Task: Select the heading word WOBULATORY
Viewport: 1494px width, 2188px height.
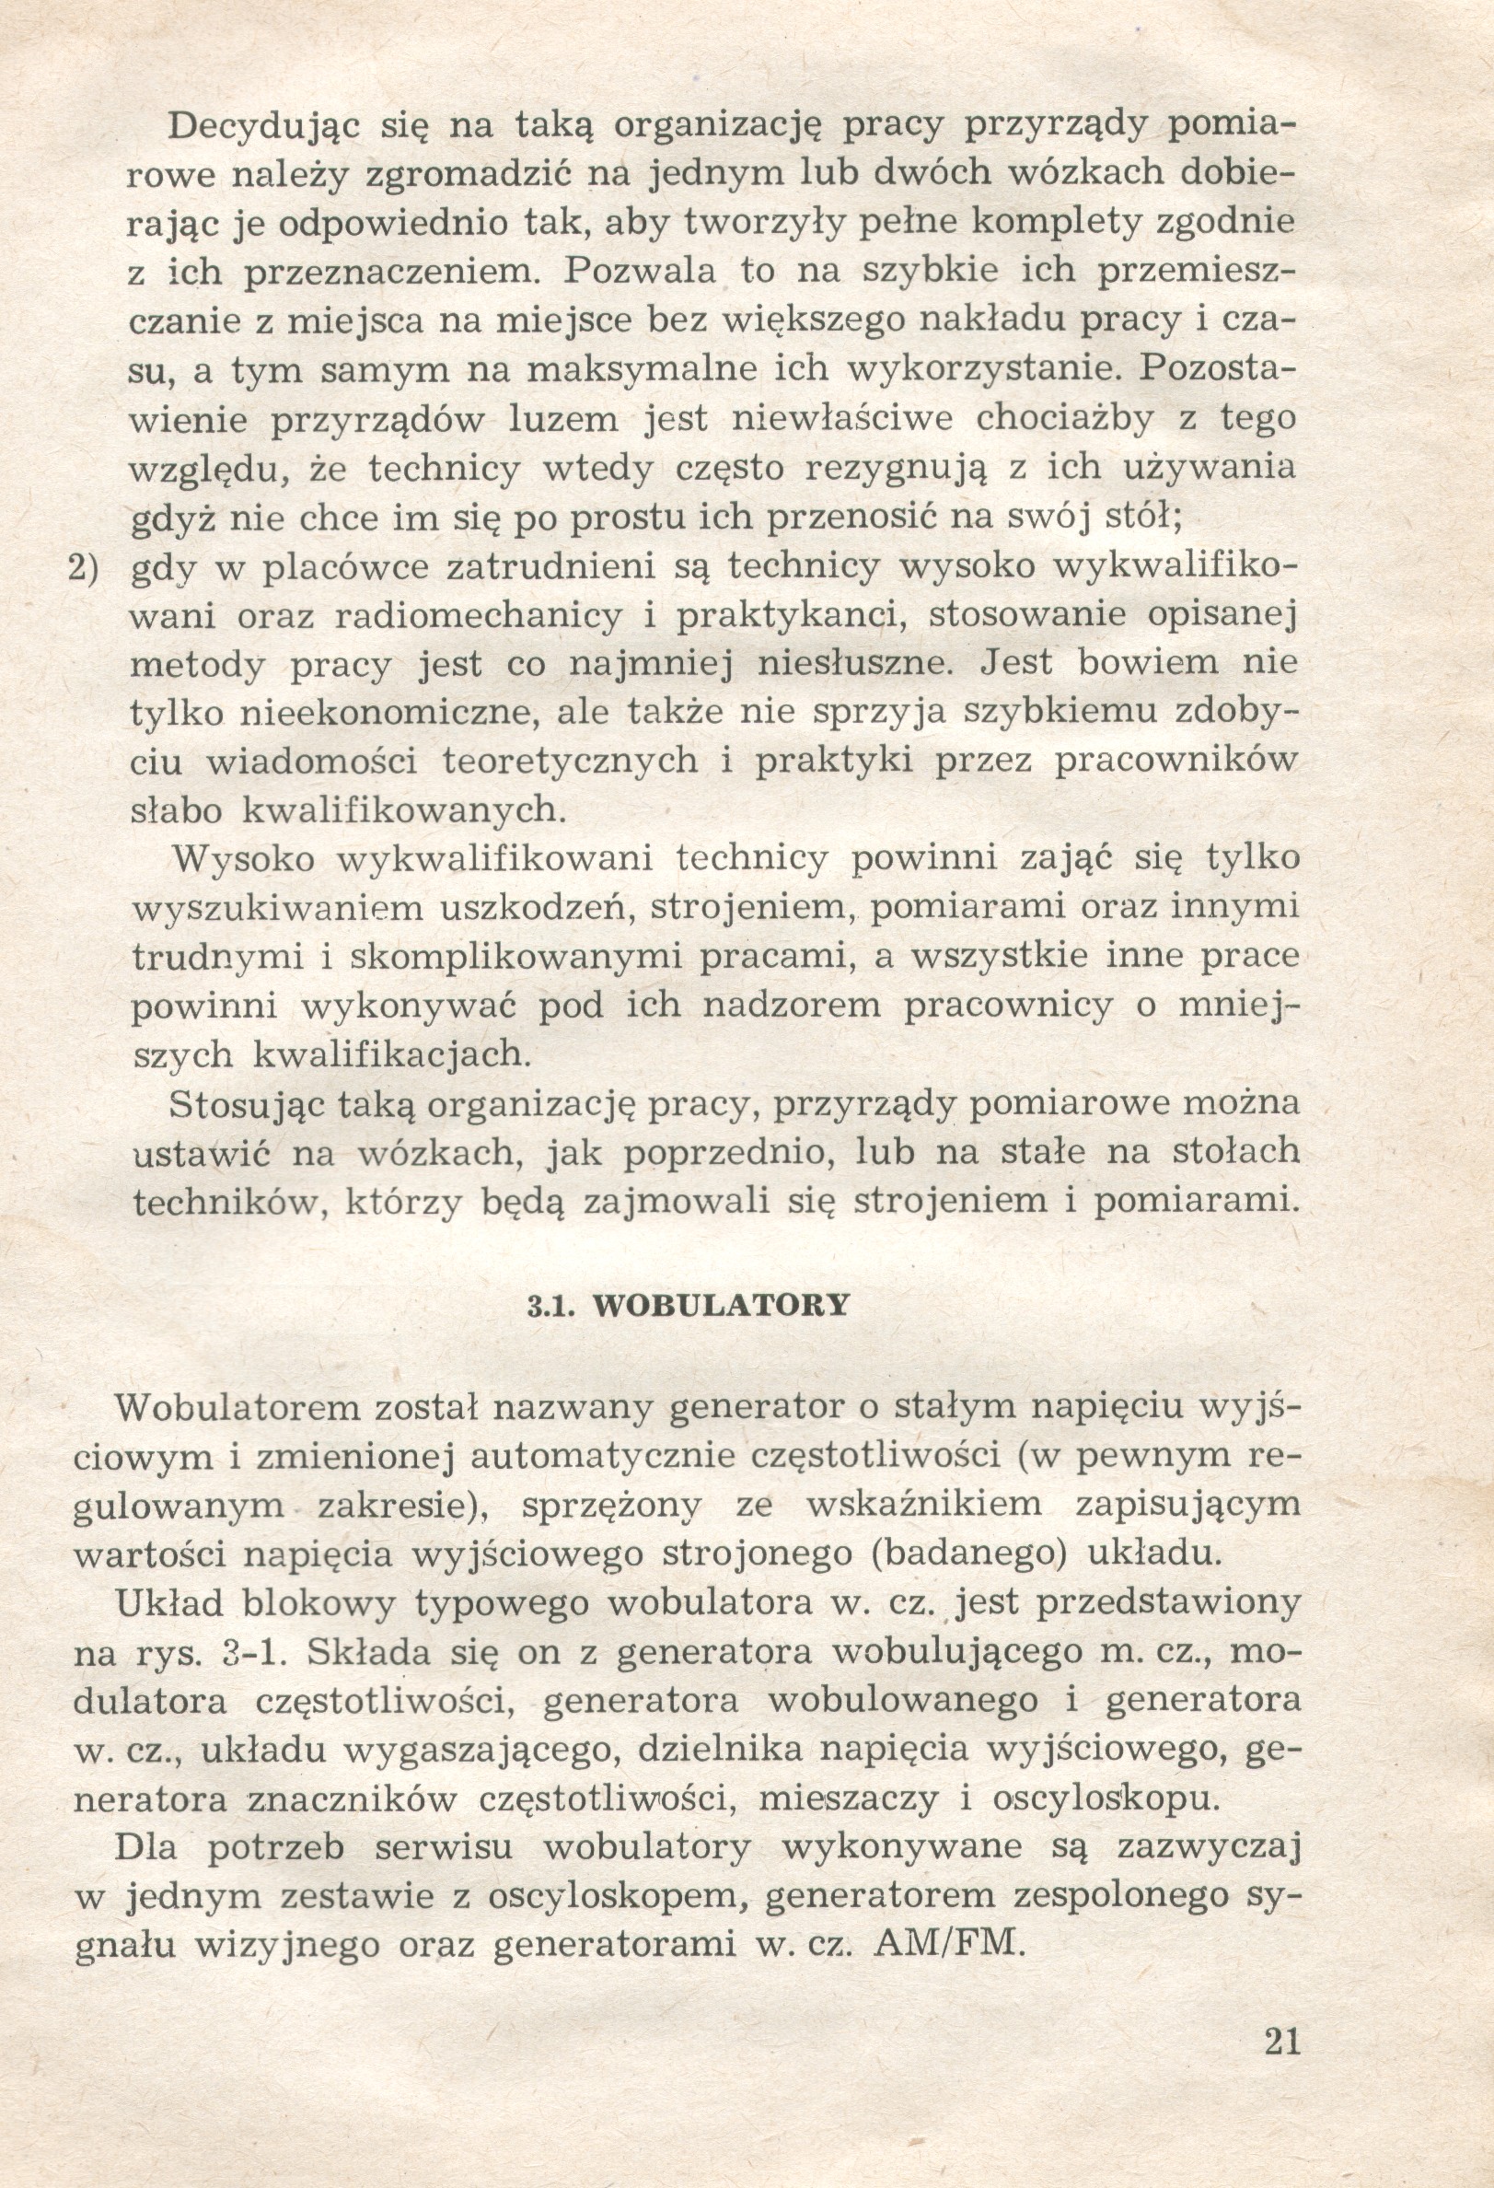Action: [x=723, y=1305]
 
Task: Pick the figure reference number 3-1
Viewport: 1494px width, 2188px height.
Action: [x=256, y=1653]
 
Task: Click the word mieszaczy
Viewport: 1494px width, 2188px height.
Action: [x=848, y=1799]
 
